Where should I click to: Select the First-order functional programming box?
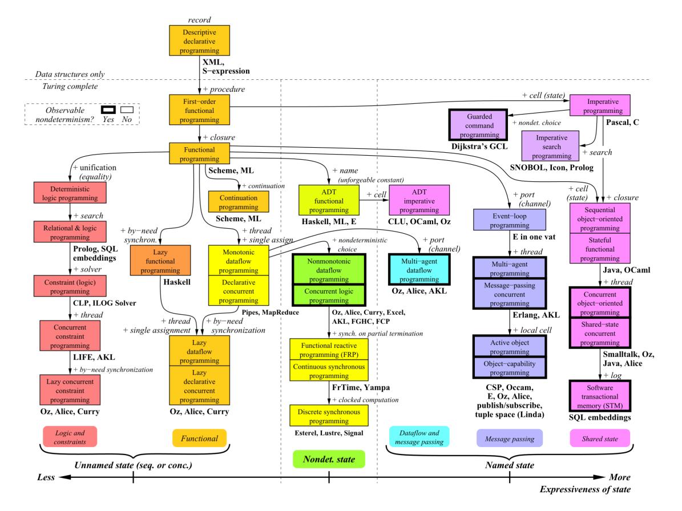(x=200, y=109)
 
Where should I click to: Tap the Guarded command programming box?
(x=479, y=125)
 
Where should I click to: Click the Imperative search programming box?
(x=551, y=147)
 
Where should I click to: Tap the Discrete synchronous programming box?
(x=329, y=416)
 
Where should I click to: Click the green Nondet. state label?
(x=329, y=459)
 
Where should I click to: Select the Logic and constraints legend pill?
(x=70, y=437)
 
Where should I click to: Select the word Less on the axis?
(x=46, y=478)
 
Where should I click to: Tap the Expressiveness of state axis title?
(x=585, y=490)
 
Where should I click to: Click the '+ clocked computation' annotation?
(x=365, y=400)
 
